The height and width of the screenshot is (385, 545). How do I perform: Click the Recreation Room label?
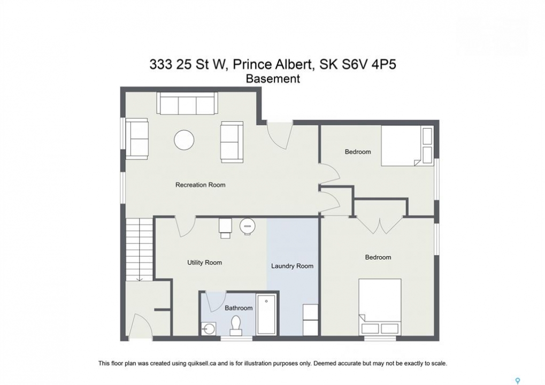coord(200,185)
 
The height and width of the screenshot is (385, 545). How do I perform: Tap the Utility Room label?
coord(204,263)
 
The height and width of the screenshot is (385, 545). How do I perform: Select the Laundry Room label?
coord(293,266)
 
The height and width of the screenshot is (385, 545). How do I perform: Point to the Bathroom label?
coord(239,308)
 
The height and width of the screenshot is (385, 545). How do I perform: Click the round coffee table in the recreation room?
coord(184,140)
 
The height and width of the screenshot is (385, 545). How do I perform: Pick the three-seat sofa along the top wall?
coord(187,103)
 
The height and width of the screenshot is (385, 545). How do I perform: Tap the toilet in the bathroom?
coord(236,326)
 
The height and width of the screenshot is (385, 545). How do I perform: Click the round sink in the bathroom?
coord(209,328)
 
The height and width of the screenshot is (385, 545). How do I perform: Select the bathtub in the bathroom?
coord(266,314)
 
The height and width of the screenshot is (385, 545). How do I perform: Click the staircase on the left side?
coord(140,249)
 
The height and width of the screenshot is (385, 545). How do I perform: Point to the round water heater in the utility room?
coord(248,226)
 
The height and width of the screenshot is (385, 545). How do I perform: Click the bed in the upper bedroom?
coord(407,145)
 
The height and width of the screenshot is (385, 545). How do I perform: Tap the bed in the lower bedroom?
coord(380,307)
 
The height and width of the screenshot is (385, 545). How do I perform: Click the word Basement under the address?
coord(273,79)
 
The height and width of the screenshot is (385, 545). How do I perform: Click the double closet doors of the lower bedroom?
coord(380,226)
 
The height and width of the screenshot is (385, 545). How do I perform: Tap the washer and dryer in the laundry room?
coord(310,320)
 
